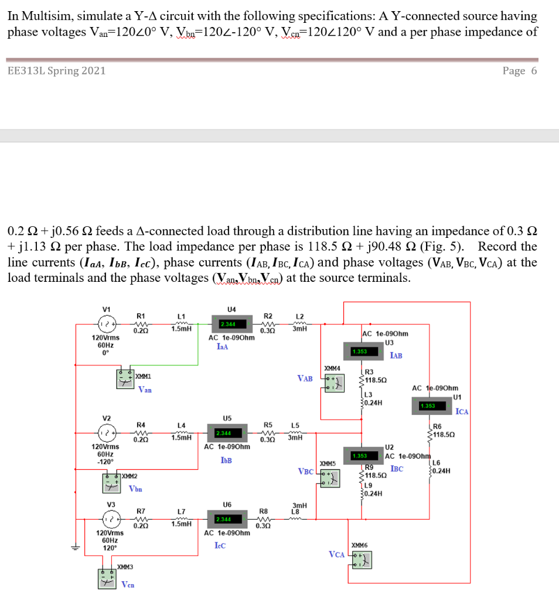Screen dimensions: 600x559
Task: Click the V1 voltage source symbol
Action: (106, 324)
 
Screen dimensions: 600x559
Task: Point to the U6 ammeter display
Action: (224, 520)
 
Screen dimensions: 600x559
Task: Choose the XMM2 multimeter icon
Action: (111, 484)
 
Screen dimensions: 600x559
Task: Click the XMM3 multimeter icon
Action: (107, 578)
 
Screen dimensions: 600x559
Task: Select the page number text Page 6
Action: (519, 71)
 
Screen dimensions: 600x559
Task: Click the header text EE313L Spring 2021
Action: (57, 71)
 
